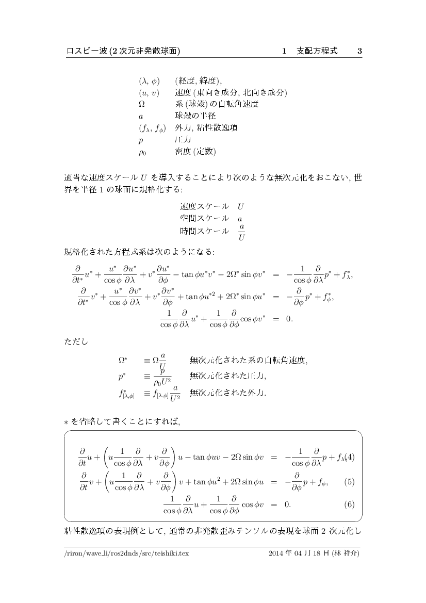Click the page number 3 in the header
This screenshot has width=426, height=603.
359,51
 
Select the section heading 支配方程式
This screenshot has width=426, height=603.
317,51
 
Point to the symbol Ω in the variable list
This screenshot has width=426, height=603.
141,104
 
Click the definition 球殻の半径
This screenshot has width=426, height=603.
195,116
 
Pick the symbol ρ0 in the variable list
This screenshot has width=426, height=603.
142,152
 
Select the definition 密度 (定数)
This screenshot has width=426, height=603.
195,152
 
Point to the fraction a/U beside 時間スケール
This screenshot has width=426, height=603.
241,232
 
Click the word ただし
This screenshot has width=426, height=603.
76,342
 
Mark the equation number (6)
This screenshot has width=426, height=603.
349,504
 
